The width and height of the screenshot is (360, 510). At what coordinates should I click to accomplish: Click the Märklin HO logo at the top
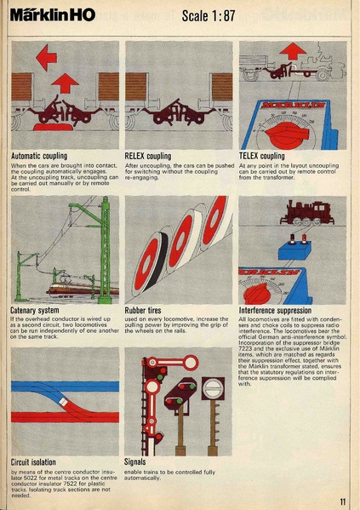53,15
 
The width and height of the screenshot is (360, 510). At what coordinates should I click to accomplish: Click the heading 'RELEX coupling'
148,157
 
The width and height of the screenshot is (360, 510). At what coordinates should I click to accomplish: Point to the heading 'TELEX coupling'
262,157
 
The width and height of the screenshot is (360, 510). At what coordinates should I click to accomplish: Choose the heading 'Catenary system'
35,311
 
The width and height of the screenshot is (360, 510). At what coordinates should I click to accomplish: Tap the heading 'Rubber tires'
147,311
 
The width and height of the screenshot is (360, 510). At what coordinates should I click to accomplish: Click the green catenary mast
104,247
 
